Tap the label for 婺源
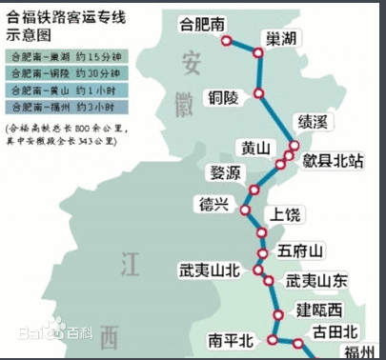coord(226,172)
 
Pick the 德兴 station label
coord(215,203)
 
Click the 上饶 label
coord(288,213)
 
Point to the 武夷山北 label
coord(209,270)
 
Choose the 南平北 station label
coord(233,339)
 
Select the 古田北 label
coord(335,331)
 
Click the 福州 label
coord(362,352)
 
